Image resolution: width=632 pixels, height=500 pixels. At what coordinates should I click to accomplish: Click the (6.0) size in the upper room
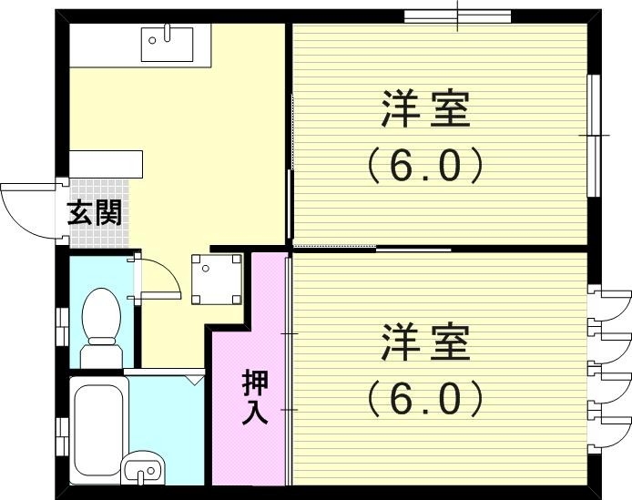pyautogui.click(x=424, y=166)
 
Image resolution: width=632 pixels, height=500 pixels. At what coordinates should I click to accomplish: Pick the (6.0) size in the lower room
pyautogui.click(x=424, y=397)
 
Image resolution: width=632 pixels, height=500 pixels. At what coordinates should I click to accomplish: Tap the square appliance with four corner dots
pyautogui.click(x=217, y=277)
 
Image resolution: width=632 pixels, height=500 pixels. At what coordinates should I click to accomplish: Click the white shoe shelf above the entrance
pyautogui.click(x=107, y=164)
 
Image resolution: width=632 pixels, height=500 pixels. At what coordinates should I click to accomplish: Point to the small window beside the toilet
pyautogui.click(x=61, y=327)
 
